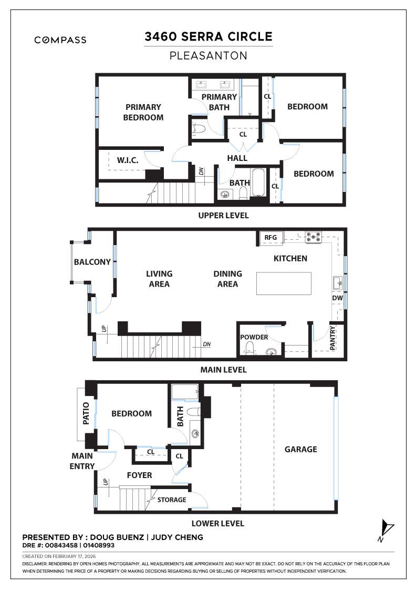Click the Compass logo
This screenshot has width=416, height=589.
pyautogui.click(x=60, y=40)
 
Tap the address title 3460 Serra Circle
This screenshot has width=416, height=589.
pyautogui.click(x=209, y=37)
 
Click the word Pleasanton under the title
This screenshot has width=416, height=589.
pyautogui.click(x=209, y=55)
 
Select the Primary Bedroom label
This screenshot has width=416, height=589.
pyautogui.click(x=143, y=112)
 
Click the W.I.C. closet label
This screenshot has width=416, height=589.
pyautogui.click(x=128, y=160)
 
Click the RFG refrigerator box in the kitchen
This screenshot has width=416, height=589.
pyautogui.click(x=271, y=238)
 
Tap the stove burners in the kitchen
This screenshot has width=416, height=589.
pyautogui.click(x=314, y=238)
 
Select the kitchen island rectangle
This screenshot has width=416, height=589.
pyautogui.click(x=284, y=284)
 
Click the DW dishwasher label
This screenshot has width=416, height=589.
pyautogui.click(x=337, y=298)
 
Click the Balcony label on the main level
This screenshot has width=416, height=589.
pyautogui.click(x=92, y=262)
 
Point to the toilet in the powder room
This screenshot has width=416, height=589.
pyautogui.click(x=250, y=348)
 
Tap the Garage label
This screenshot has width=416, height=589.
pyautogui.click(x=301, y=449)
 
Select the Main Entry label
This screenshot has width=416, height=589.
pyautogui.click(x=83, y=461)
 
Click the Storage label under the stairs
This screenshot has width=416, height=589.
pyautogui.click(x=172, y=500)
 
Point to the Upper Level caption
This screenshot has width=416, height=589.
pyautogui.click(x=223, y=216)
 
